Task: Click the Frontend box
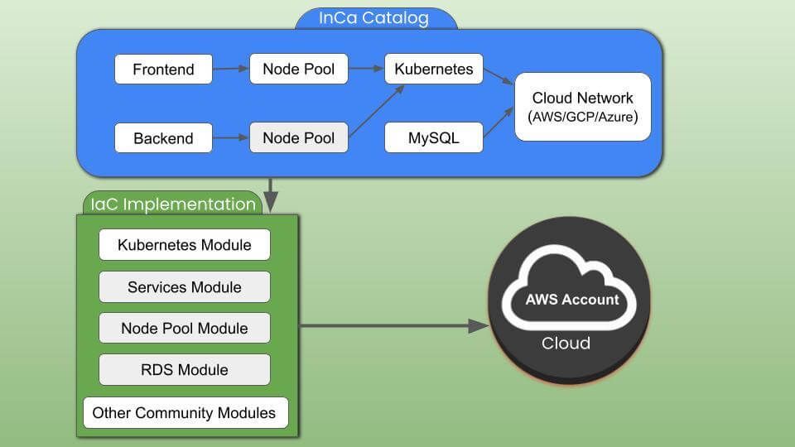[163, 70]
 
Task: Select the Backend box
[163, 138]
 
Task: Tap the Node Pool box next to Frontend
[299, 70]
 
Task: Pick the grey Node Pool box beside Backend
[299, 138]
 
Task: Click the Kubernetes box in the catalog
[434, 70]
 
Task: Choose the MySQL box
[434, 138]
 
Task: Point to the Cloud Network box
[583, 107]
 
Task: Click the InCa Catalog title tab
[374, 18]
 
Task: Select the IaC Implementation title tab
[173, 204]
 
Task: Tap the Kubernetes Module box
[185, 245]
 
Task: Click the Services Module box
[185, 287]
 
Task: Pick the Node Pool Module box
[185, 329]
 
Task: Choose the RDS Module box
[185, 370]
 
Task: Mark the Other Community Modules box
[185, 412]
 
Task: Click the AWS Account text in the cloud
[572, 300]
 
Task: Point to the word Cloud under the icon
[566, 344]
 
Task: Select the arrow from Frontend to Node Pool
[231, 70]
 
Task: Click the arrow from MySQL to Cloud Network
[499, 124]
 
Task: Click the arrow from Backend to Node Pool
[231, 138]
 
